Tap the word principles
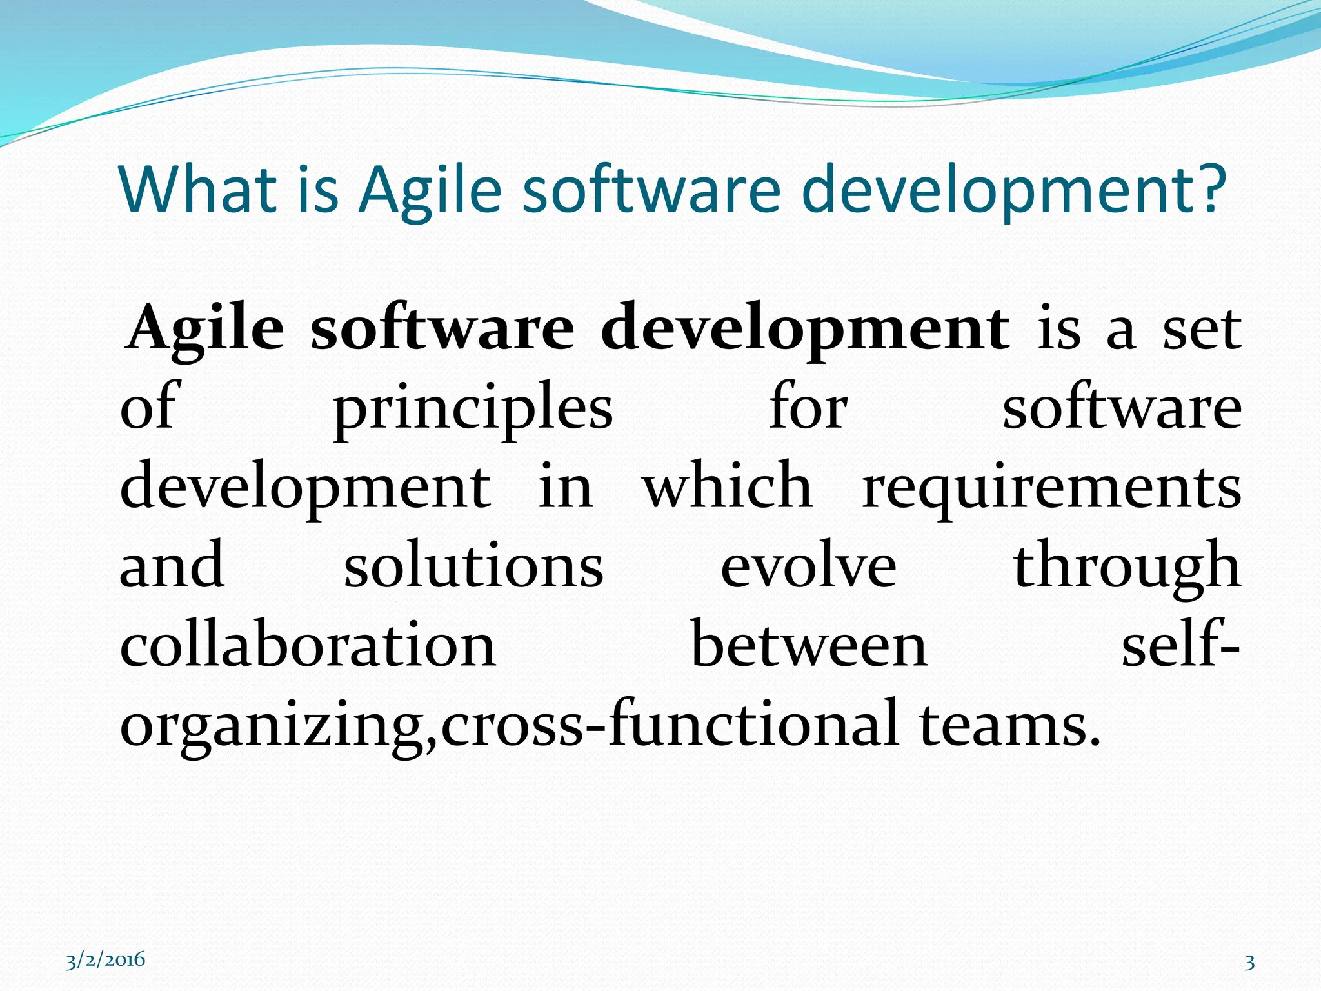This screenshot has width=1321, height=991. [x=473, y=409]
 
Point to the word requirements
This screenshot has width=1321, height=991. [x=1052, y=488]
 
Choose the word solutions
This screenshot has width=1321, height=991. [x=473, y=566]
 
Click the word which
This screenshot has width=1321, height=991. [x=727, y=488]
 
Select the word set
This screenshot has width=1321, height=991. [x=1202, y=329]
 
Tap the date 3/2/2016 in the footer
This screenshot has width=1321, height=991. [x=105, y=961]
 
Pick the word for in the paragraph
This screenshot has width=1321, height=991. [x=808, y=409]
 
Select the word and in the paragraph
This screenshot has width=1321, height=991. [x=172, y=566]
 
